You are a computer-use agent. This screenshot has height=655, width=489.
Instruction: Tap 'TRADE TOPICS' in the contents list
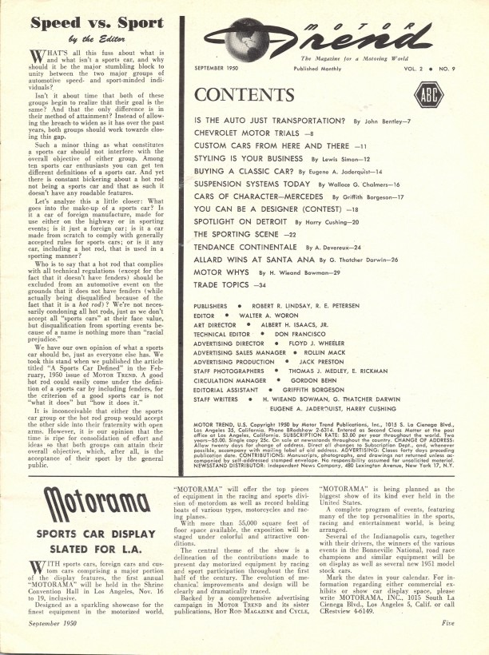pos(227,286)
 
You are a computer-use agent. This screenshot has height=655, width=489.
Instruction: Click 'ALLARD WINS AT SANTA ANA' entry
pos(263,259)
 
